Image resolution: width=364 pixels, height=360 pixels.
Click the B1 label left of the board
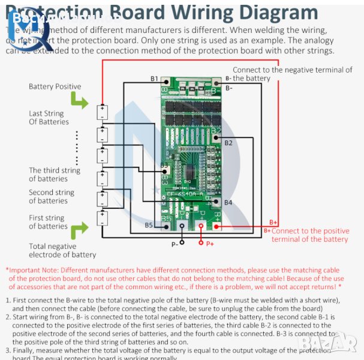point(154,79)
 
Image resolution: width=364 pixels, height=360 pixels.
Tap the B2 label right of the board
point(228,143)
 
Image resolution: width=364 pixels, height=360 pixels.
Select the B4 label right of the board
point(228,202)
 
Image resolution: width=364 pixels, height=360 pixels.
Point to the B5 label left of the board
point(149,225)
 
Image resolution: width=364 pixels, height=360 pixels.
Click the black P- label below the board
point(175,244)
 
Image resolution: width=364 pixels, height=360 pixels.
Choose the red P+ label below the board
point(210,244)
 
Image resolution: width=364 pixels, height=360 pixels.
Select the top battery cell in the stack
point(102,112)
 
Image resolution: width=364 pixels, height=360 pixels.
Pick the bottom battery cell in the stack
point(102,217)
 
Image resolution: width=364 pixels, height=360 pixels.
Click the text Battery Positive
point(55,86)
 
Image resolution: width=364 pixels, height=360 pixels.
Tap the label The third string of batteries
point(55,175)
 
